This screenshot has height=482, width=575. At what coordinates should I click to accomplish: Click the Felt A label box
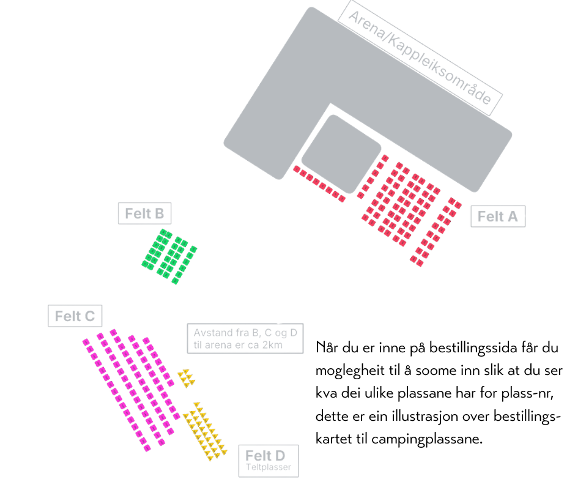(498, 217)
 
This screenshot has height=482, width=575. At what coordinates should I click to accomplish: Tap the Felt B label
(144, 213)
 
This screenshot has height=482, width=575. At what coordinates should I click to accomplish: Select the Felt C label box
(75, 316)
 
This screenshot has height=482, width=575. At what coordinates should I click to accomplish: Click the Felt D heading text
(265, 456)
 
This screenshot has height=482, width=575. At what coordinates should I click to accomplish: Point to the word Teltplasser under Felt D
(269, 467)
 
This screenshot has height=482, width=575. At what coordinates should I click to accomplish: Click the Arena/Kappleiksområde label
(420, 58)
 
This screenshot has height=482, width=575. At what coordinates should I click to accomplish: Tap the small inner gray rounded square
(341, 154)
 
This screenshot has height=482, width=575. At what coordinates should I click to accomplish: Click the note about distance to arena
(245, 338)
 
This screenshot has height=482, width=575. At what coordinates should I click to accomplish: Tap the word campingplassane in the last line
(427, 439)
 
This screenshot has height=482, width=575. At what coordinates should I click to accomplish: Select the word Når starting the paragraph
(327, 347)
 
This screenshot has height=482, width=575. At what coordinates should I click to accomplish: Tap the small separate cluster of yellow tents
(187, 378)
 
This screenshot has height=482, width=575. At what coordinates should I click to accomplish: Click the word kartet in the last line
(341, 439)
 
